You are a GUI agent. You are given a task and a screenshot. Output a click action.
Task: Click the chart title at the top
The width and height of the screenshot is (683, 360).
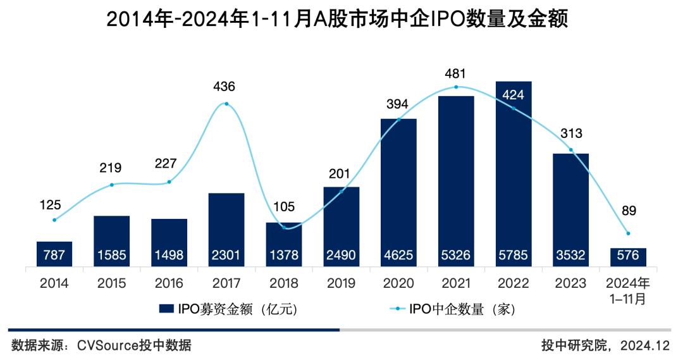[x=337, y=20]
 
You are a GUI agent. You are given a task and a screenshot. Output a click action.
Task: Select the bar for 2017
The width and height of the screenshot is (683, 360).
[x=226, y=229]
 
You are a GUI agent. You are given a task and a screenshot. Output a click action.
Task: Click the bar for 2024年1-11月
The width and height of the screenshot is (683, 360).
[x=628, y=257]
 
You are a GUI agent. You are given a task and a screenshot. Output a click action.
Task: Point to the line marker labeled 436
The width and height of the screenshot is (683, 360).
[x=226, y=104]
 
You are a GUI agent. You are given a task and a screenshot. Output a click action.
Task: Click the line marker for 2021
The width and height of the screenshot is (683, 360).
[x=456, y=87]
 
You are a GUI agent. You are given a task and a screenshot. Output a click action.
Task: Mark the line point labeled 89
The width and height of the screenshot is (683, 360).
[x=628, y=233]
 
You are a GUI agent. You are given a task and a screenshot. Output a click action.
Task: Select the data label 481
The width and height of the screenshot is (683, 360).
[x=456, y=74]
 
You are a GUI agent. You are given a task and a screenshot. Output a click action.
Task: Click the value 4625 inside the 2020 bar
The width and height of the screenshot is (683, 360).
[x=398, y=256]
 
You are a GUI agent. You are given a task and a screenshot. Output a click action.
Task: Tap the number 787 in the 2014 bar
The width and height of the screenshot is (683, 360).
[x=54, y=256]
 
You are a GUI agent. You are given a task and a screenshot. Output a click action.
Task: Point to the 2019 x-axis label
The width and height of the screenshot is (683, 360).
[x=341, y=283]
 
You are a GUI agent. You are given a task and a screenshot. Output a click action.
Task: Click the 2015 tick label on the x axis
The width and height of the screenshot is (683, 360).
[x=111, y=283]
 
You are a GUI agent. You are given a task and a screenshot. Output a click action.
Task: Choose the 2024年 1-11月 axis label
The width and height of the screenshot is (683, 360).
[x=628, y=290]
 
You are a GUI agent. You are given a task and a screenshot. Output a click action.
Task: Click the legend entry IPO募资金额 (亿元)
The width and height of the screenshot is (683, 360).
[x=228, y=309]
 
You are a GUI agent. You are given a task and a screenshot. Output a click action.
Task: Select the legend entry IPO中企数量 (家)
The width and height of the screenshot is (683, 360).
[x=453, y=309]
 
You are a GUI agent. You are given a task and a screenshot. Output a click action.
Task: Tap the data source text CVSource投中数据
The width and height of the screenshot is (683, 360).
[x=101, y=345]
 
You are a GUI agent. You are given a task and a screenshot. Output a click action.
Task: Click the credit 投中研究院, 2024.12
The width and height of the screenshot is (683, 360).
[x=605, y=345]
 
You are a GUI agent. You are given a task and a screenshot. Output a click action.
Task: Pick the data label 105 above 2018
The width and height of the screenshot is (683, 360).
[x=284, y=206]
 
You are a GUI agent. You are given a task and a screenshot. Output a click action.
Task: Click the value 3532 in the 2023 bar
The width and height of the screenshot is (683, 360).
[x=570, y=256]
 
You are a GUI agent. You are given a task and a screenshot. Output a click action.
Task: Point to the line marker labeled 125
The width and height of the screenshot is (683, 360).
[x=54, y=220]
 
